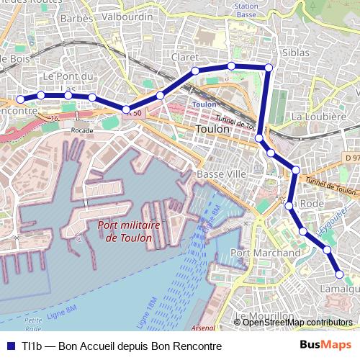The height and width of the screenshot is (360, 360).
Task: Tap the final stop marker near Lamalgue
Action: [x=340, y=274]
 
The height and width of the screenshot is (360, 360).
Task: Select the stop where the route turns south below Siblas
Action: [x=269, y=68]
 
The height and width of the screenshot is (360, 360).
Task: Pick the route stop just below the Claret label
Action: [x=195, y=71]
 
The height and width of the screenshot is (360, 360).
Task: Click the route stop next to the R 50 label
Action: [x=127, y=110]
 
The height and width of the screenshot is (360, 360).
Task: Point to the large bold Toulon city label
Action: [x=212, y=129]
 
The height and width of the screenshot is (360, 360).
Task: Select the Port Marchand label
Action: [x=266, y=253]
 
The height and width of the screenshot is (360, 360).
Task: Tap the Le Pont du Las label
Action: [x=70, y=81]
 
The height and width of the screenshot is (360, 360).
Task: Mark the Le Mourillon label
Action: [x=265, y=316]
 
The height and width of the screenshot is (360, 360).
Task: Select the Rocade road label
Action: [x=83, y=130]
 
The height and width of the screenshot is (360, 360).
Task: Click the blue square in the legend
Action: [x=9, y=345]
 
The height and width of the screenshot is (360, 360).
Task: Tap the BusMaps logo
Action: [x=326, y=345]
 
